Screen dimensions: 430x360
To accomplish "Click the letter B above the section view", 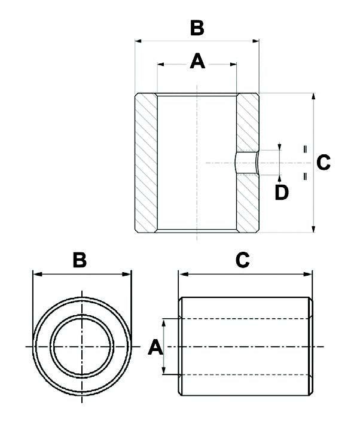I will point(197,28).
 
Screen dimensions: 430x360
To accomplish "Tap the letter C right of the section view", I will point(324,163).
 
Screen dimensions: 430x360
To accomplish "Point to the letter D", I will point(281,192).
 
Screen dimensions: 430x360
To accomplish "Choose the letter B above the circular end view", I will point(80,260).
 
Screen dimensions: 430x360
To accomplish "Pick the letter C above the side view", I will point(243,260).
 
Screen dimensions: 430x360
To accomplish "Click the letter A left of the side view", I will point(154,347).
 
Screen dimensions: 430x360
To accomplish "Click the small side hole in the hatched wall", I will point(246,162).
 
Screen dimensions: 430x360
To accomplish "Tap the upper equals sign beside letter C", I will point(305,148).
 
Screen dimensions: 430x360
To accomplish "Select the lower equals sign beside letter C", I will point(305,176).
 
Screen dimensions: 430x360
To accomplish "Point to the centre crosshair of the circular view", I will point(81,347).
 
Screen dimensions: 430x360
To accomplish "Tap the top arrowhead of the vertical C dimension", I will point(313,96).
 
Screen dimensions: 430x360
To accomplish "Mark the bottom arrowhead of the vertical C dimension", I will point(313,229).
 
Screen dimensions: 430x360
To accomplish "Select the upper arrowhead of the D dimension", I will point(280,148).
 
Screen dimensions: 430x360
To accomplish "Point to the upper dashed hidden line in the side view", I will point(245,319).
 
